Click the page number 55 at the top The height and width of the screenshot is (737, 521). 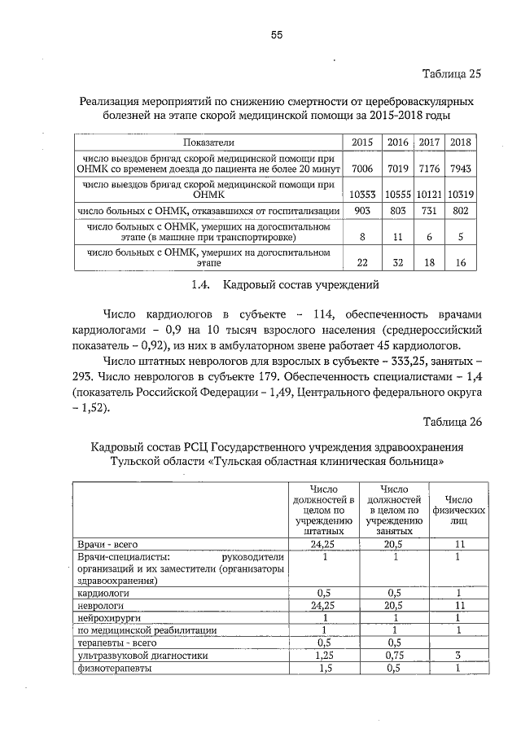[276, 35]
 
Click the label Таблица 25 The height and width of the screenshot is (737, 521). [452, 73]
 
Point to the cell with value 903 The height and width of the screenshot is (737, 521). [361, 211]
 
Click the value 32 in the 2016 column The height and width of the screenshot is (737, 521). [397, 263]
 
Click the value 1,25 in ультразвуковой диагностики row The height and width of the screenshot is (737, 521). [324, 656]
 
